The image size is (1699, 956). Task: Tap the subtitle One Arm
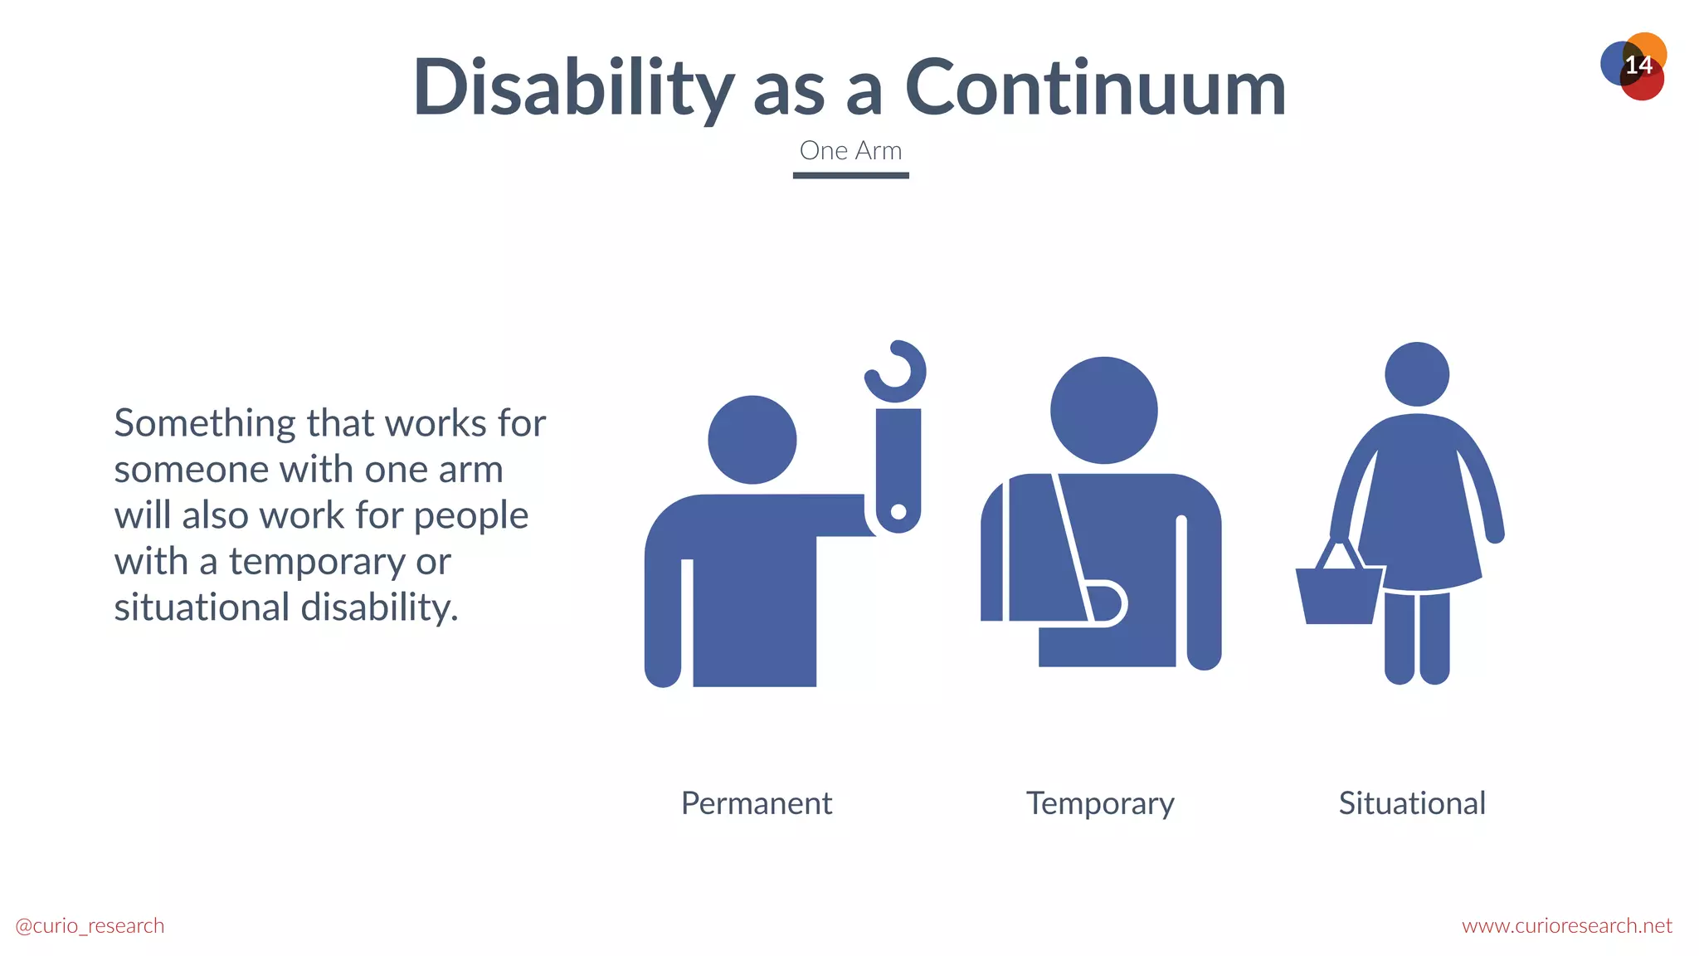click(850, 151)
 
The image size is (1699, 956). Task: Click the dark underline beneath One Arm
click(850, 175)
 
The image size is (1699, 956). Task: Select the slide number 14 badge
click(1636, 66)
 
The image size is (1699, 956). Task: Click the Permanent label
click(756, 803)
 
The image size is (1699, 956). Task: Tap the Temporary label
click(1100, 803)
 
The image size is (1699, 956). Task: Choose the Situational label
click(1411, 803)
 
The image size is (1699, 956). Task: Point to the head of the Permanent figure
click(752, 440)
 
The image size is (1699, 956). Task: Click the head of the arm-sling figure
click(1103, 410)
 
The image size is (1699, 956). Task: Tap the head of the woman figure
click(1417, 374)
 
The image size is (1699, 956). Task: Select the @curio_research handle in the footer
click(90, 925)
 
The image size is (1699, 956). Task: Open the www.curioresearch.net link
click(1566, 925)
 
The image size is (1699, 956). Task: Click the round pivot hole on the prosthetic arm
click(898, 512)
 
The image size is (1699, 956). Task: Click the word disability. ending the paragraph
click(379, 607)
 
